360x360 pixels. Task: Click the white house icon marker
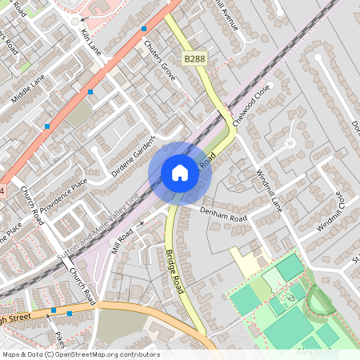coord(180,172)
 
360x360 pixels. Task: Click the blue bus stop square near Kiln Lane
coord(144,29)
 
